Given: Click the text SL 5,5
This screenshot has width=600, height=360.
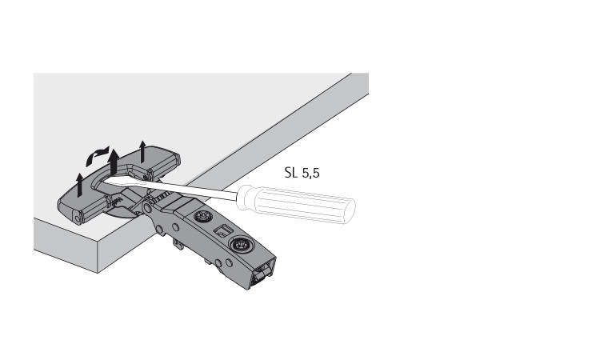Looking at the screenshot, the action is (302, 173).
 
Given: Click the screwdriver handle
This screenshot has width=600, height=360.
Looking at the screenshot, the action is (296, 203).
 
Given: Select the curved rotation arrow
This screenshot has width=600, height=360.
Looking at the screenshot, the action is (97, 155).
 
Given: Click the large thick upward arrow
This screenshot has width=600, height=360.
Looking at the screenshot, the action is (114, 162).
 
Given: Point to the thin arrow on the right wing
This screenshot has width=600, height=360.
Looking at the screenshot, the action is (142, 151).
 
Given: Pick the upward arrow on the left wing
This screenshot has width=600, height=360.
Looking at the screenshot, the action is (79, 185).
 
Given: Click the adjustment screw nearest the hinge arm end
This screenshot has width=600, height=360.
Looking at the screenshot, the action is (240, 245).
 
